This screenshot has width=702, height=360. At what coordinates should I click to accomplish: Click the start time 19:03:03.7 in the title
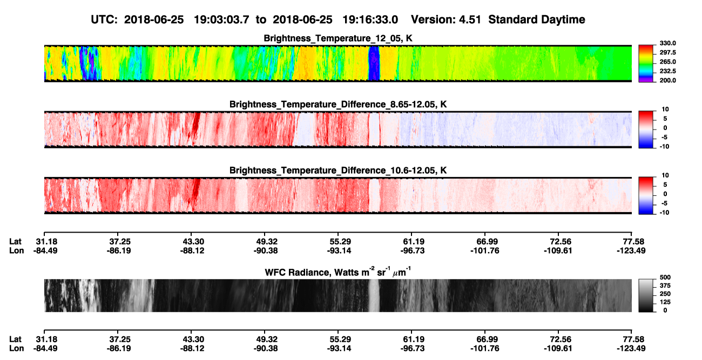point(221,19)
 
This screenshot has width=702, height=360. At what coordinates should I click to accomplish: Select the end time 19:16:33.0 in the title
point(370,19)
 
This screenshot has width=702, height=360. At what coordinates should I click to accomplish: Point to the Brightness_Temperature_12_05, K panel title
point(338,38)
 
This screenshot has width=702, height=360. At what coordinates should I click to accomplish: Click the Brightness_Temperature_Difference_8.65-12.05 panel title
point(338,104)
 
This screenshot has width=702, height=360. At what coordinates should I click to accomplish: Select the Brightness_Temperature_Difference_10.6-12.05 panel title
point(338,171)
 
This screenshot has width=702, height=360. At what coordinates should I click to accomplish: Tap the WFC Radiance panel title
point(338,272)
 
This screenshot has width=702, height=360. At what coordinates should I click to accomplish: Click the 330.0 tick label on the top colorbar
point(667,43)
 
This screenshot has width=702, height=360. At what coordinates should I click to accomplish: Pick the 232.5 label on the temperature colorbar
point(667,71)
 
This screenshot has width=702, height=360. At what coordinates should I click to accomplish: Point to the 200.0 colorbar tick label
point(667,80)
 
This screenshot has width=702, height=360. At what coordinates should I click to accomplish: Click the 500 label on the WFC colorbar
point(665,277)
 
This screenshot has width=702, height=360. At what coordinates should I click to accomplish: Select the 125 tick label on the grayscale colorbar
point(665,302)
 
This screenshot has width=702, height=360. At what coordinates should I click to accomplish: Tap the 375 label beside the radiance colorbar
point(665,286)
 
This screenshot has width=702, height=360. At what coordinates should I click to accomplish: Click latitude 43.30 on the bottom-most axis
point(193,339)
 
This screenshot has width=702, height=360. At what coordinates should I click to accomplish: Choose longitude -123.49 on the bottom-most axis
point(631,349)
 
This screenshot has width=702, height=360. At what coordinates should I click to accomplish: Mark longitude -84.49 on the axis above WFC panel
point(45,250)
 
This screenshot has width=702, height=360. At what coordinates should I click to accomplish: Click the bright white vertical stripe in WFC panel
point(374,295)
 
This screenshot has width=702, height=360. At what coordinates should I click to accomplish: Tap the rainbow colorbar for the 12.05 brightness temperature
point(646,64)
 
